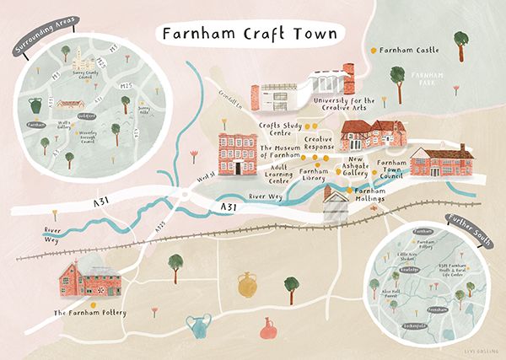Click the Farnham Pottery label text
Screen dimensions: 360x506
(x=89, y=313)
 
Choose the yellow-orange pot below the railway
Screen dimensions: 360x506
(x=247, y=285)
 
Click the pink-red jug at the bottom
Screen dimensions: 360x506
(x=269, y=330)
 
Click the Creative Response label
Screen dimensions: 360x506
(x=319, y=143)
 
